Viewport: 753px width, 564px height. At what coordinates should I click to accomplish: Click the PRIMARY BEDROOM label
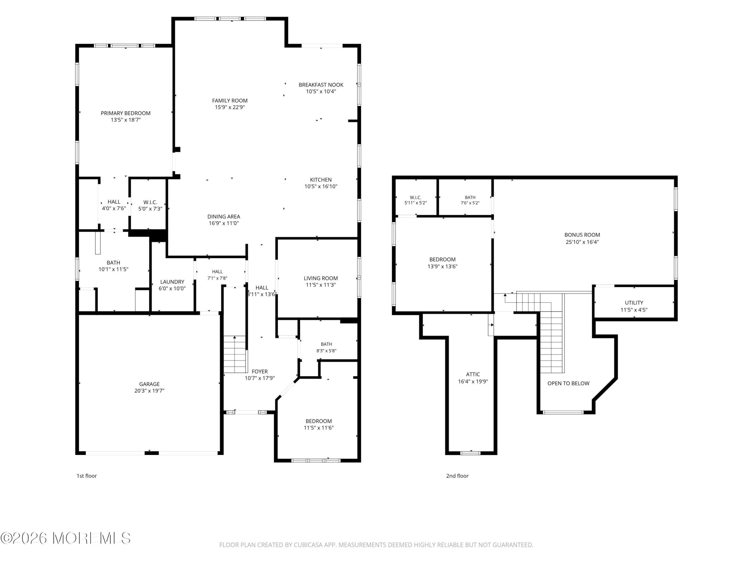coord(126,113)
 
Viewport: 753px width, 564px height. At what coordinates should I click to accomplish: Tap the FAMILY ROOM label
coord(230,101)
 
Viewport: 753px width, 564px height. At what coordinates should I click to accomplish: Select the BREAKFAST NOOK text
coord(321,85)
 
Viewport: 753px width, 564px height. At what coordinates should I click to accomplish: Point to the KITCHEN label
coord(321,180)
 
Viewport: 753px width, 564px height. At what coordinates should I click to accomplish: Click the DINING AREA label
coord(224,216)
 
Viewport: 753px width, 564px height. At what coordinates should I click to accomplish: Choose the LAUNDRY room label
coord(172,282)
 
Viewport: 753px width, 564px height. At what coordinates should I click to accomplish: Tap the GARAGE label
coord(149,384)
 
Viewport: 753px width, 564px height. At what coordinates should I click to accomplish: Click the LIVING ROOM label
coord(321,278)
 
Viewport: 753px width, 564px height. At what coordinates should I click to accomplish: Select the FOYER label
coord(260,372)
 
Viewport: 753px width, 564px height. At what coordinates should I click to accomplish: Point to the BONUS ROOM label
coord(582,235)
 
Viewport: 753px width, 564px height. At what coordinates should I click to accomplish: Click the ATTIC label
coord(473,374)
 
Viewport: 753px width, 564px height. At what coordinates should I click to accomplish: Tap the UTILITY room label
coord(634,303)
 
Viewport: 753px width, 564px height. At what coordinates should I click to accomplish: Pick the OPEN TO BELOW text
coord(569,383)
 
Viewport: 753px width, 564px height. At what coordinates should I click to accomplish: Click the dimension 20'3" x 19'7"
coord(149,391)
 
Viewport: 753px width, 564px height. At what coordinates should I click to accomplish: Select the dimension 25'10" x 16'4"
coord(582,242)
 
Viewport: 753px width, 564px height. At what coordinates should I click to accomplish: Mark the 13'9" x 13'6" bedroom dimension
coord(443,266)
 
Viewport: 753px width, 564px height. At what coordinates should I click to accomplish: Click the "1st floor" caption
coord(86,476)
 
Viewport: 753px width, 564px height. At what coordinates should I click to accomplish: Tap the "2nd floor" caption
coord(457,476)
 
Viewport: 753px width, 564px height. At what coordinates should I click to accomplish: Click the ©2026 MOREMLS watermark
coord(65,538)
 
